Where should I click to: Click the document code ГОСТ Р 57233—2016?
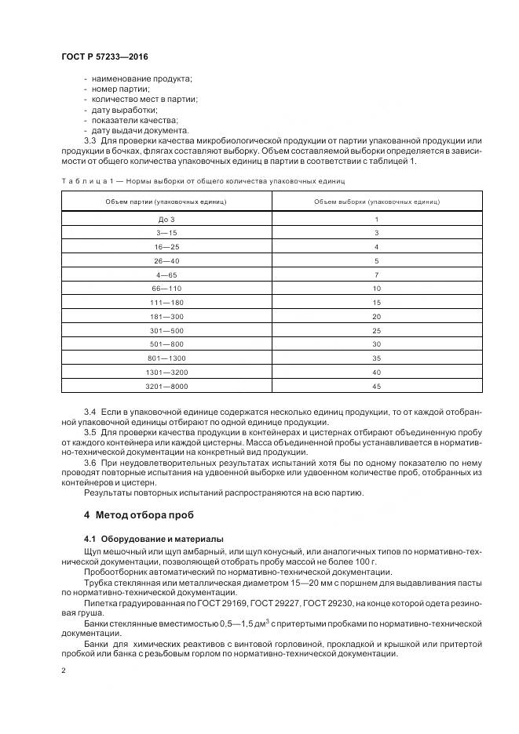[x=104, y=57]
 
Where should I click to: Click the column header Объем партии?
[x=166, y=202]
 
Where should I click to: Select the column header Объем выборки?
[x=377, y=202]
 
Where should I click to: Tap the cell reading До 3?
[x=166, y=220]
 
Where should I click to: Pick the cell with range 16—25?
[x=166, y=247]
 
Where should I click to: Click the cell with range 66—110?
[x=166, y=289]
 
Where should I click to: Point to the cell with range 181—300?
[x=166, y=316]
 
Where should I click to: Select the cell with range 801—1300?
[x=166, y=358]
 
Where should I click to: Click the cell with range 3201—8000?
[x=166, y=386]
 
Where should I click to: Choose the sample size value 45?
[x=377, y=386]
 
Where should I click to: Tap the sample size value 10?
[x=377, y=289]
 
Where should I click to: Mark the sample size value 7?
[x=377, y=274]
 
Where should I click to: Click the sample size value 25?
[x=377, y=330]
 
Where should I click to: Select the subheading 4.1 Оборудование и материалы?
[x=153, y=540]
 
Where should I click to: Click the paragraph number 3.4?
[x=90, y=412]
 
